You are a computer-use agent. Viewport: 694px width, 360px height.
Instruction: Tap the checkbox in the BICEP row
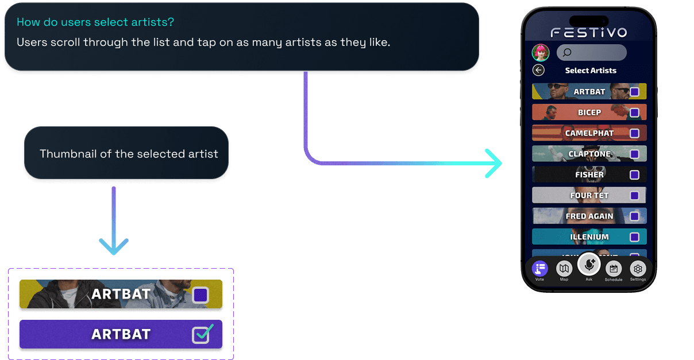634,113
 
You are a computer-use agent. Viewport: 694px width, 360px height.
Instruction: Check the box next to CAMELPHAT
634,133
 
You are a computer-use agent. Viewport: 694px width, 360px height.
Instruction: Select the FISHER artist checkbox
634,175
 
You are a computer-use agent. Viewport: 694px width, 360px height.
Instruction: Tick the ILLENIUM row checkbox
634,237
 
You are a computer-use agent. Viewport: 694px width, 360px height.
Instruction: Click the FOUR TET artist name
589,195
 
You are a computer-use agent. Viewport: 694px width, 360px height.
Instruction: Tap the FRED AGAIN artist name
589,216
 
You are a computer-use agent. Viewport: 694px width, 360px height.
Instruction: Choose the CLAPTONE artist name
589,154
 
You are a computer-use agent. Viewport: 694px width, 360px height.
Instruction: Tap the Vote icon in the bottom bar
539,268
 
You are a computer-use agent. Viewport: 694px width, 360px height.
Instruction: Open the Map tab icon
564,268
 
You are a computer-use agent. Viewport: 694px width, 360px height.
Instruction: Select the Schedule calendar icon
613,268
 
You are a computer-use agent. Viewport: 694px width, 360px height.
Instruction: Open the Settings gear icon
638,268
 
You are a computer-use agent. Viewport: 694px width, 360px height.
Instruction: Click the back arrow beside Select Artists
538,70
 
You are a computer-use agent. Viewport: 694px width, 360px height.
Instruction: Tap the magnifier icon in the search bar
567,53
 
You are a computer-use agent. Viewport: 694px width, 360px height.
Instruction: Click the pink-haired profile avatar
541,53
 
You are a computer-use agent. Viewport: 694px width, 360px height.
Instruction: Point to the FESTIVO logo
589,33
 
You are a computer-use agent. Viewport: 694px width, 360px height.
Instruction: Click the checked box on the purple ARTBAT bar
201,334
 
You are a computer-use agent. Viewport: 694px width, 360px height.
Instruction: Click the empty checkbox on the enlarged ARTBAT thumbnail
201,295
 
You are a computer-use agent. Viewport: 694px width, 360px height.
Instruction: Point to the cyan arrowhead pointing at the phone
494,164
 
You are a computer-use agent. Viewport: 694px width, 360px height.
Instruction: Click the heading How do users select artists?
95,22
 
